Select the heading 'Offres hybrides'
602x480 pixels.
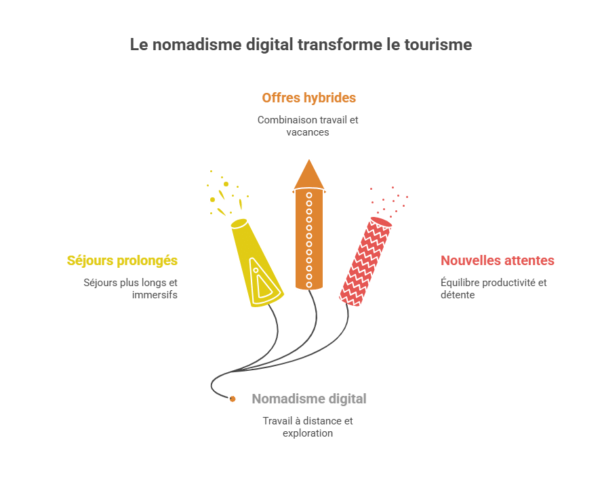[308, 98]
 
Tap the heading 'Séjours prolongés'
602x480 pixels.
[122, 260]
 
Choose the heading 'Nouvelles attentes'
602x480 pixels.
[497, 260]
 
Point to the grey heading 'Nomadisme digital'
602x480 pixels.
[309, 399]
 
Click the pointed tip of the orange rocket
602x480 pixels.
[309, 160]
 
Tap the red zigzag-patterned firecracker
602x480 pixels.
[365, 262]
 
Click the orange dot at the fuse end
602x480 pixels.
[233, 399]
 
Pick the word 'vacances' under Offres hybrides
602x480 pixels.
[308, 132]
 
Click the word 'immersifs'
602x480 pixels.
[155, 295]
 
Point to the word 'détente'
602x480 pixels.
[458, 295]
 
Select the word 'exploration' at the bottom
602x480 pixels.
[308, 433]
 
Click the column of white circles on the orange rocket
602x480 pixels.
[309, 240]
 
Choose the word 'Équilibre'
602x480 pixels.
[460, 282]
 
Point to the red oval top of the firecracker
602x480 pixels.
[381, 222]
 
